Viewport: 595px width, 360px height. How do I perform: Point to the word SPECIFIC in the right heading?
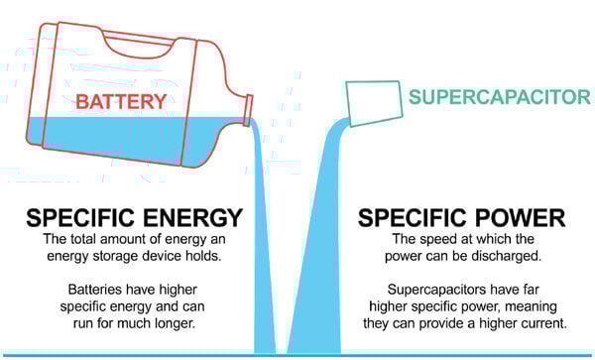coord(403,216)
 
